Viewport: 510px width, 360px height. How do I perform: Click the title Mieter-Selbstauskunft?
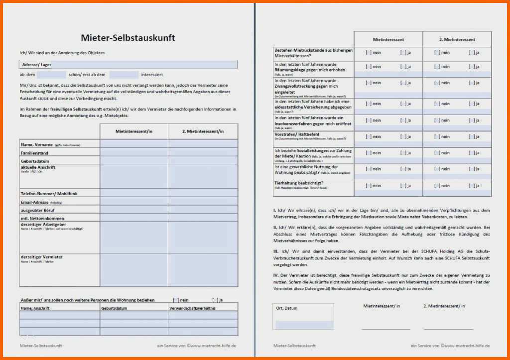pos(128,38)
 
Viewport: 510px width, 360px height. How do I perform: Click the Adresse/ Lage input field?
pos(144,65)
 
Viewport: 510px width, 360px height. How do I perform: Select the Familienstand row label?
pos(34,153)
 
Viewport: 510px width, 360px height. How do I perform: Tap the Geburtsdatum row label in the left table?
pos(35,161)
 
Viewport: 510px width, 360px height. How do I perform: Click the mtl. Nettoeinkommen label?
pos(43,218)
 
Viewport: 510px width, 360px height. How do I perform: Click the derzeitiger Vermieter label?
pos(42,257)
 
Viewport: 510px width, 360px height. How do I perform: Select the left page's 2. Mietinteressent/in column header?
pos(203,131)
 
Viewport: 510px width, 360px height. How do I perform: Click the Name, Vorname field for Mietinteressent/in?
pos(133,144)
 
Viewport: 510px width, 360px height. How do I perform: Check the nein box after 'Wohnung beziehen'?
pos(176,300)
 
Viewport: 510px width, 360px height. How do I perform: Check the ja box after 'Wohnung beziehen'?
pos(215,300)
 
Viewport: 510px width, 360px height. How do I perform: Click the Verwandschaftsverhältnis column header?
pos(192,308)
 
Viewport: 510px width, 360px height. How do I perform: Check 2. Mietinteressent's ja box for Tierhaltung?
pos(471,186)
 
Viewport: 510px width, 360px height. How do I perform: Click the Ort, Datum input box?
pos(303,324)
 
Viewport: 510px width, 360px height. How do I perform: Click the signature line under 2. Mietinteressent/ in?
pos(448,329)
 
